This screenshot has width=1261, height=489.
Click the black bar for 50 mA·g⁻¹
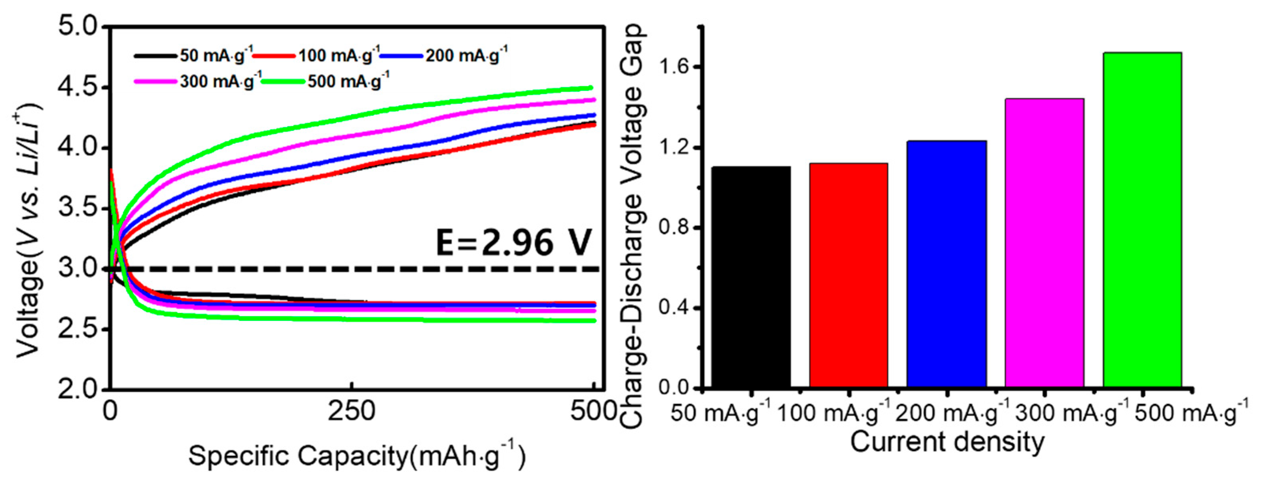pyautogui.click(x=750, y=278)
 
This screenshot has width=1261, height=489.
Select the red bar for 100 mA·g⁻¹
pyautogui.click(x=848, y=276)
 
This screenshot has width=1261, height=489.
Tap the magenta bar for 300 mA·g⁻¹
pyautogui.click(x=1044, y=244)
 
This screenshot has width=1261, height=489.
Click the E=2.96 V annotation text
pyautogui.click(x=514, y=243)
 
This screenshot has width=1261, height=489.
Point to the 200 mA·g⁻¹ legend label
pyautogui.click(x=466, y=55)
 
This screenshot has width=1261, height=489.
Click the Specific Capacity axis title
pyautogui.click(x=356, y=456)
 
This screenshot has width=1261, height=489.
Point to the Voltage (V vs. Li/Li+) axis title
pyautogui.click(x=28, y=230)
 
